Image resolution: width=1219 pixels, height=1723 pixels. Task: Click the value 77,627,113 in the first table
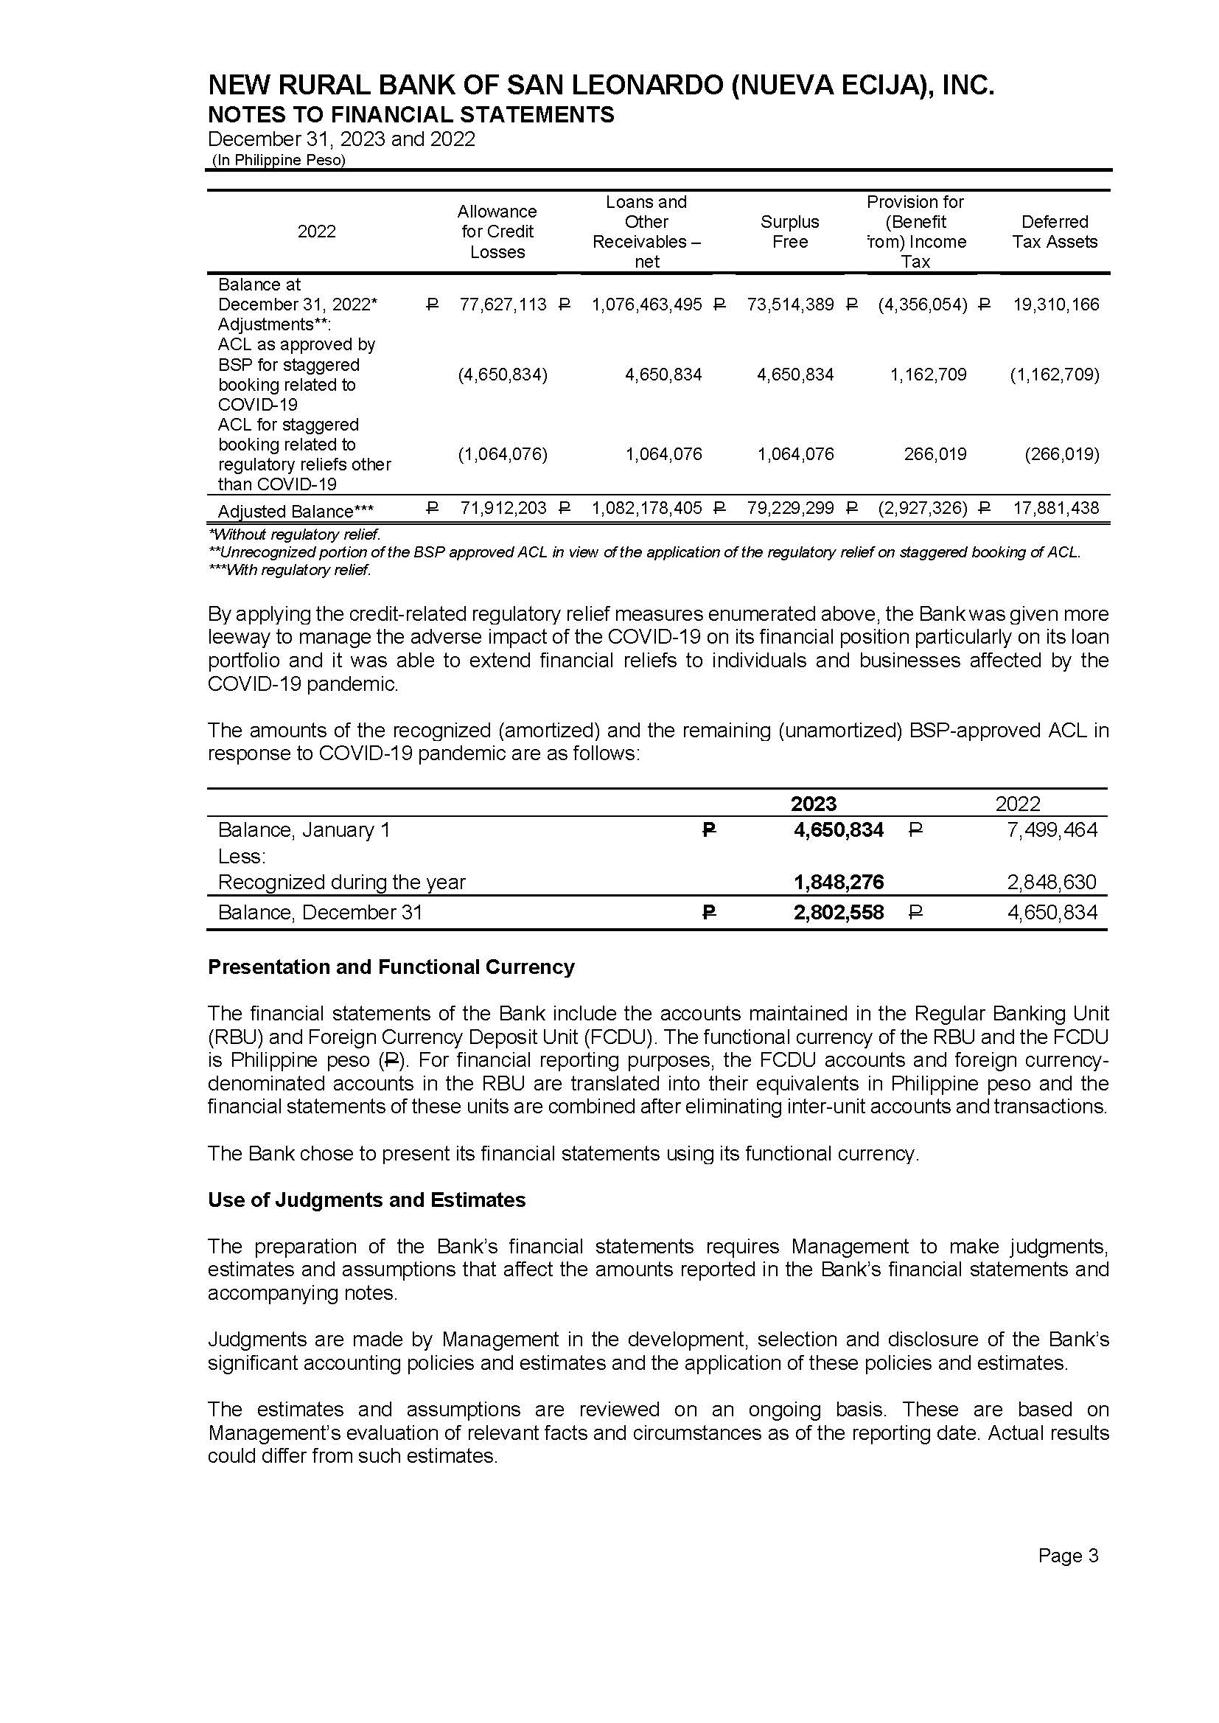click(503, 304)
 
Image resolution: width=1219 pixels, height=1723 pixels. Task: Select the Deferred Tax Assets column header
click(1054, 232)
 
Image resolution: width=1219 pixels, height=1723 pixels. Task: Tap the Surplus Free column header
click(789, 232)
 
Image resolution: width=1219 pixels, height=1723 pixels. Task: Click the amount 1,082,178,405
click(646, 508)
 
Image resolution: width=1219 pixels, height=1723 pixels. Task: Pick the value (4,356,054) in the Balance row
click(922, 304)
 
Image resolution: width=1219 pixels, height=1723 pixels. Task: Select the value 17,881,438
click(1055, 508)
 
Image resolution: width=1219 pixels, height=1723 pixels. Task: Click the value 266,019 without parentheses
click(935, 454)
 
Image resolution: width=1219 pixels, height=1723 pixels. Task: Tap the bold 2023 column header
click(813, 804)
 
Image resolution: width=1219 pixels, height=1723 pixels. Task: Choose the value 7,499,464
click(1052, 829)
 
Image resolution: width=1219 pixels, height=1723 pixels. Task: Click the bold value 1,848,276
click(839, 883)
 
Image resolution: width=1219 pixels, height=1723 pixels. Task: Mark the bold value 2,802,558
click(839, 913)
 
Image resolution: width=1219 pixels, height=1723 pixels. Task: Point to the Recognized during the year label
click(341, 883)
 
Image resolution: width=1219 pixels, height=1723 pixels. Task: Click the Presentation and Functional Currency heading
click(391, 967)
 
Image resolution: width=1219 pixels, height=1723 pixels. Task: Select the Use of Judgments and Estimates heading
click(366, 1200)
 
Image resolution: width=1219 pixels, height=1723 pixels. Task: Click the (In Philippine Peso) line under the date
click(279, 160)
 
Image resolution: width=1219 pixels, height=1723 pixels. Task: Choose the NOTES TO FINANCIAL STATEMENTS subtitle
click(411, 115)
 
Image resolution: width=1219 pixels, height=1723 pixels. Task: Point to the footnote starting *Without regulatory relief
click(294, 535)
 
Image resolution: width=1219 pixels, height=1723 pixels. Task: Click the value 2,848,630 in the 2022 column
click(1052, 883)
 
